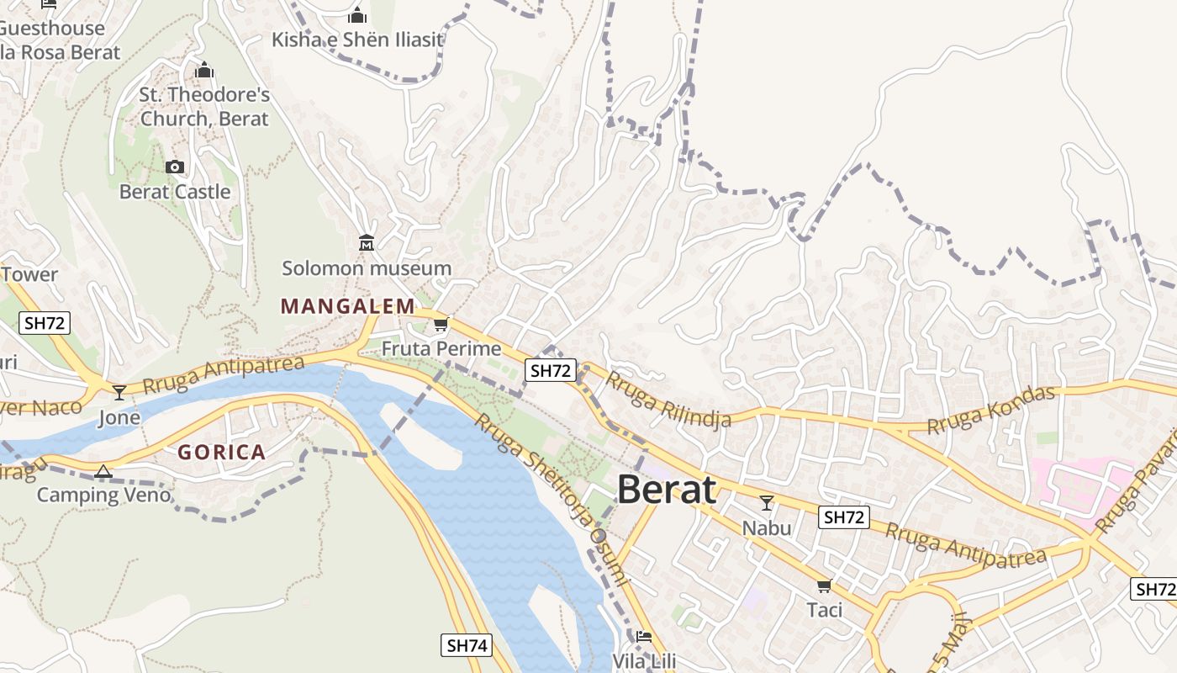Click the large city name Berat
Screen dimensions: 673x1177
pyautogui.click(x=667, y=490)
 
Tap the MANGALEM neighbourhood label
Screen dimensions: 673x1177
pyautogui.click(x=348, y=306)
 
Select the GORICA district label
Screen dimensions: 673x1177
pyautogui.click(x=221, y=453)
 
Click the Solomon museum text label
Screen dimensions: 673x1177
pyautogui.click(x=367, y=268)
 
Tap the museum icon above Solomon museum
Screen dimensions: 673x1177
pyautogui.click(x=367, y=243)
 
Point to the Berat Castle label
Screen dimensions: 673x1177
pyautogui.click(x=175, y=192)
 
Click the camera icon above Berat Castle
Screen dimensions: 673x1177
pyautogui.click(x=175, y=167)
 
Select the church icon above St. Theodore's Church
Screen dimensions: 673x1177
pyautogui.click(x=204, y=70)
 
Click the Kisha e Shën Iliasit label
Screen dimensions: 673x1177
pyautogui.click(x=357, y=40)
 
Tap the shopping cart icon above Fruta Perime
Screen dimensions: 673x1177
pyautogui.click(x=441, y=325)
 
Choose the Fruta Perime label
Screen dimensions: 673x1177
pyautogui.click(x=441, y=348)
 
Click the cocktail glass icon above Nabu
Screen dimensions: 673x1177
pyautogui.click(x=766, y=503)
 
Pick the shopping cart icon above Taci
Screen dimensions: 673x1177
pyautogui.click(x=824, y=586)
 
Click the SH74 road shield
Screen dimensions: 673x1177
pyautogui.click(x=466, y=645)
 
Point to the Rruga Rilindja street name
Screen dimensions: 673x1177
pyautogui.click(x=668, y=399)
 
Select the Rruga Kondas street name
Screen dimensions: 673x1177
pyautogui.click(x=990, y=411)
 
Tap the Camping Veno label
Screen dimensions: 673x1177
pyautogui.click(x=103, y=495)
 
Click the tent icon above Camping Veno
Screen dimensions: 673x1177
pyautogui.click(x=103, y=471)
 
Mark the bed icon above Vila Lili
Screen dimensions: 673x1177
pyautogui.click(x=644, y=637)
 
